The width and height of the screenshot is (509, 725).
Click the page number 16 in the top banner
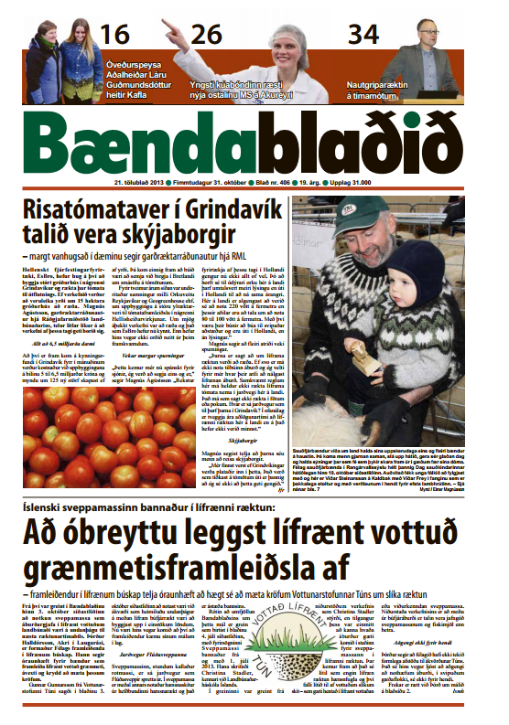(115, 36)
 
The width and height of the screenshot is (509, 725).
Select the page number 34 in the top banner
(363, 36)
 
